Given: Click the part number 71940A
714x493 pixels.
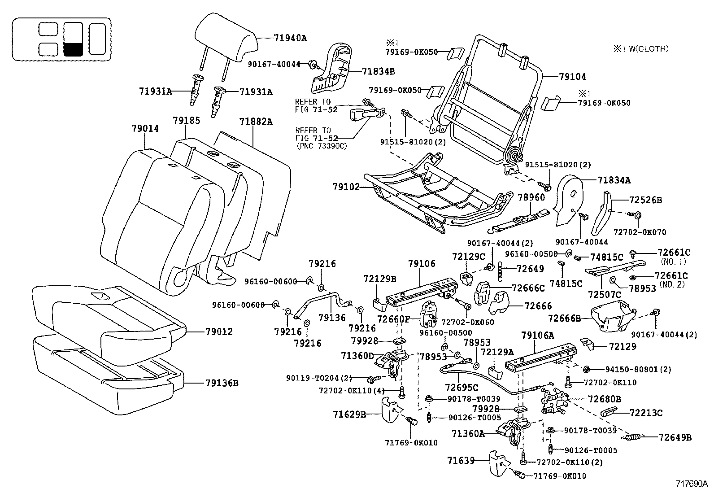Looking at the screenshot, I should coord(290,38).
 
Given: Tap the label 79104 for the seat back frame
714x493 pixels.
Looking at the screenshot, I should coord(572,77).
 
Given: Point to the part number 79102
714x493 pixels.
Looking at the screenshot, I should coord(346,186).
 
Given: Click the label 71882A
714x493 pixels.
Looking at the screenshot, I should coord(256,122).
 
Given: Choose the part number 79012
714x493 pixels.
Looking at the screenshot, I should coord(219,332).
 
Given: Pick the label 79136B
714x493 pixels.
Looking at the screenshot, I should coord(222,383).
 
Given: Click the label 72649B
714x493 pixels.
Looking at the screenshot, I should coord(675,437).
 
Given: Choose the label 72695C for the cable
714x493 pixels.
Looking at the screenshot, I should coord(461,387).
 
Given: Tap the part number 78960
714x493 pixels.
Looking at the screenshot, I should coord(531,197).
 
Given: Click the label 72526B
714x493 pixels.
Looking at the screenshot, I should coord(645,200).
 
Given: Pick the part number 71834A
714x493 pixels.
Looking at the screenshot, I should coord(614,180).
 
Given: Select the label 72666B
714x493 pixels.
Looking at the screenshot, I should coord(565,318).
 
